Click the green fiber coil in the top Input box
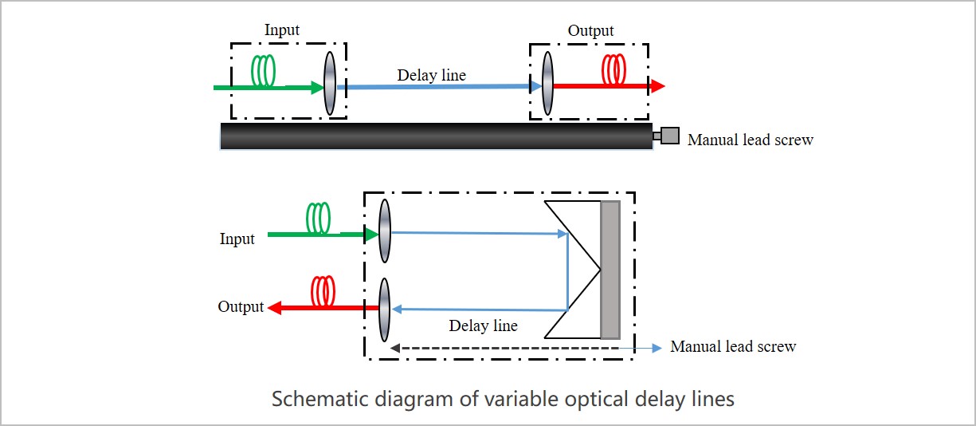click(x=264, y=70)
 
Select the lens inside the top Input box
click(x=330, y=84)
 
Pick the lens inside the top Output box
click(x=547, y=84)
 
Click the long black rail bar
click(x=436, y=136)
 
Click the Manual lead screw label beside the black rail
click(x=750, y=140)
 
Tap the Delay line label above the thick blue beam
click(x=432, y=75)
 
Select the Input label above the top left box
click(x=282, y=30)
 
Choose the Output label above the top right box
click(x=590, y=31)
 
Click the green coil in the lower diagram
click(x=319, y=217)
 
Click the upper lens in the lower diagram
click(x=385, y=231)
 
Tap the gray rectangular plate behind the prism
click(x=610, y=270)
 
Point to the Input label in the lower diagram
click(x=237, y=239)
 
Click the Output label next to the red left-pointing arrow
click(x=241, y=307)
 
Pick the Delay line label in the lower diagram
click(x=483, y=325)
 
